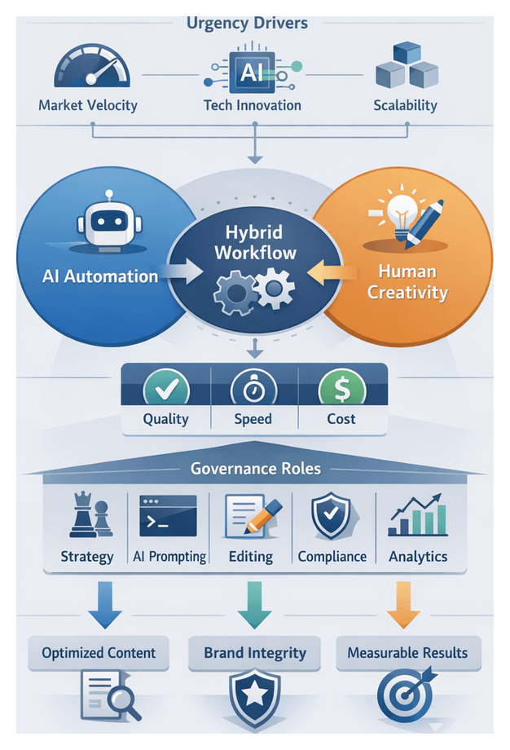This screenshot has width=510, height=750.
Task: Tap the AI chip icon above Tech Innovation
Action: pos(252,71)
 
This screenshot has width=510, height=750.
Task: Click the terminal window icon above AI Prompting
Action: pos(168,515)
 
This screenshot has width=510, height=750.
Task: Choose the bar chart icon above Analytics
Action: pos(417,514)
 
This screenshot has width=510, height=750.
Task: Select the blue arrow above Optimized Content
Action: pos(104,604)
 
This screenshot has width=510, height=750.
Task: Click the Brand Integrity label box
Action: pos(255,653)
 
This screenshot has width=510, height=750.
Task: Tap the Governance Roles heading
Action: pos(255,469)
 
